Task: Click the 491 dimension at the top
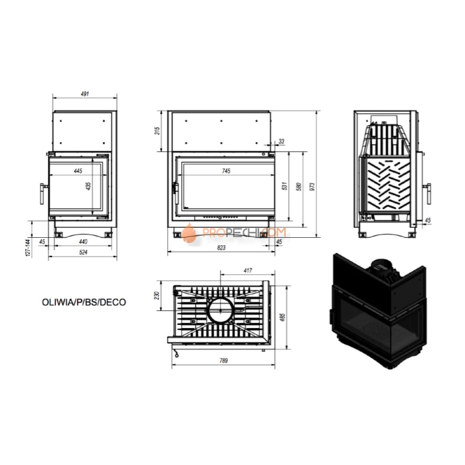(85, 94)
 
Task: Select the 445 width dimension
(78, 171)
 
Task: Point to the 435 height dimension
(88, 186)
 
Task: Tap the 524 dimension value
(83, 252)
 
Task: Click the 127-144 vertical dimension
(28, 247)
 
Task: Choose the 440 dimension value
(83, 242)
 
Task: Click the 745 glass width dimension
(226, 171)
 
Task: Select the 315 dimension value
(157, 131)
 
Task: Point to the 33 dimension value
(282, 141)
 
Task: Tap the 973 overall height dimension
(312, 187)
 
